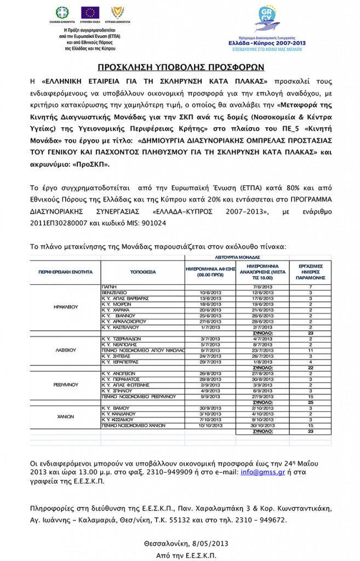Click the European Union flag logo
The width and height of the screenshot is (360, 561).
pyautogui.click(x=90, y=13)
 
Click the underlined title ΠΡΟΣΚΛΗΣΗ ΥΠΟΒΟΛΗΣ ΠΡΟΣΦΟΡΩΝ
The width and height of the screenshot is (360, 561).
pyautogui.click(x=180, y=67)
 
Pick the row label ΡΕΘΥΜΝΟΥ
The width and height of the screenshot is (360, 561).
pyautogui.click(x=66, y=386)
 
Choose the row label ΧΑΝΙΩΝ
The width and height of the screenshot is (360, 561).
pyautogui.click(x=66, y=417)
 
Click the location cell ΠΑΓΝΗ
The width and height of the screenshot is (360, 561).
pyautogui.click(x=109, y=287)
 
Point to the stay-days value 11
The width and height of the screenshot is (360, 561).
pyautogui.click(x=311, y=349)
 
